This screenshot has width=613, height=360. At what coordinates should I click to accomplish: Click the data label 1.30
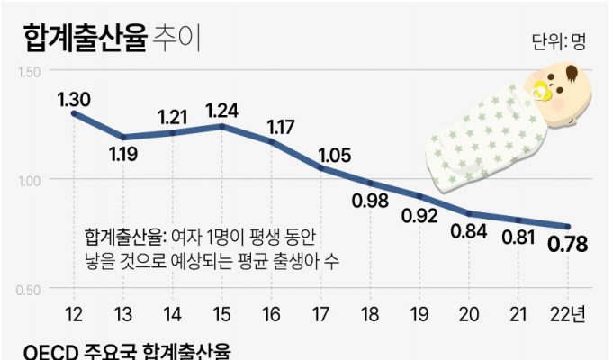coord(74,100)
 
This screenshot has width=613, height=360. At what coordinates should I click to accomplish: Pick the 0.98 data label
coord(370,200)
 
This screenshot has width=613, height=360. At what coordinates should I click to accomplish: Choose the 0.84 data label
coord(469,231)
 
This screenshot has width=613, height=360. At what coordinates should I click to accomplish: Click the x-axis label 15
coord(221,314)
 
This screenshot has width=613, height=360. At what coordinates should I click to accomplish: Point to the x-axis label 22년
coord(568,314)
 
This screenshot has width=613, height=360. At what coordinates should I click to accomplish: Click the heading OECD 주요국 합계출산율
coord(125,351)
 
